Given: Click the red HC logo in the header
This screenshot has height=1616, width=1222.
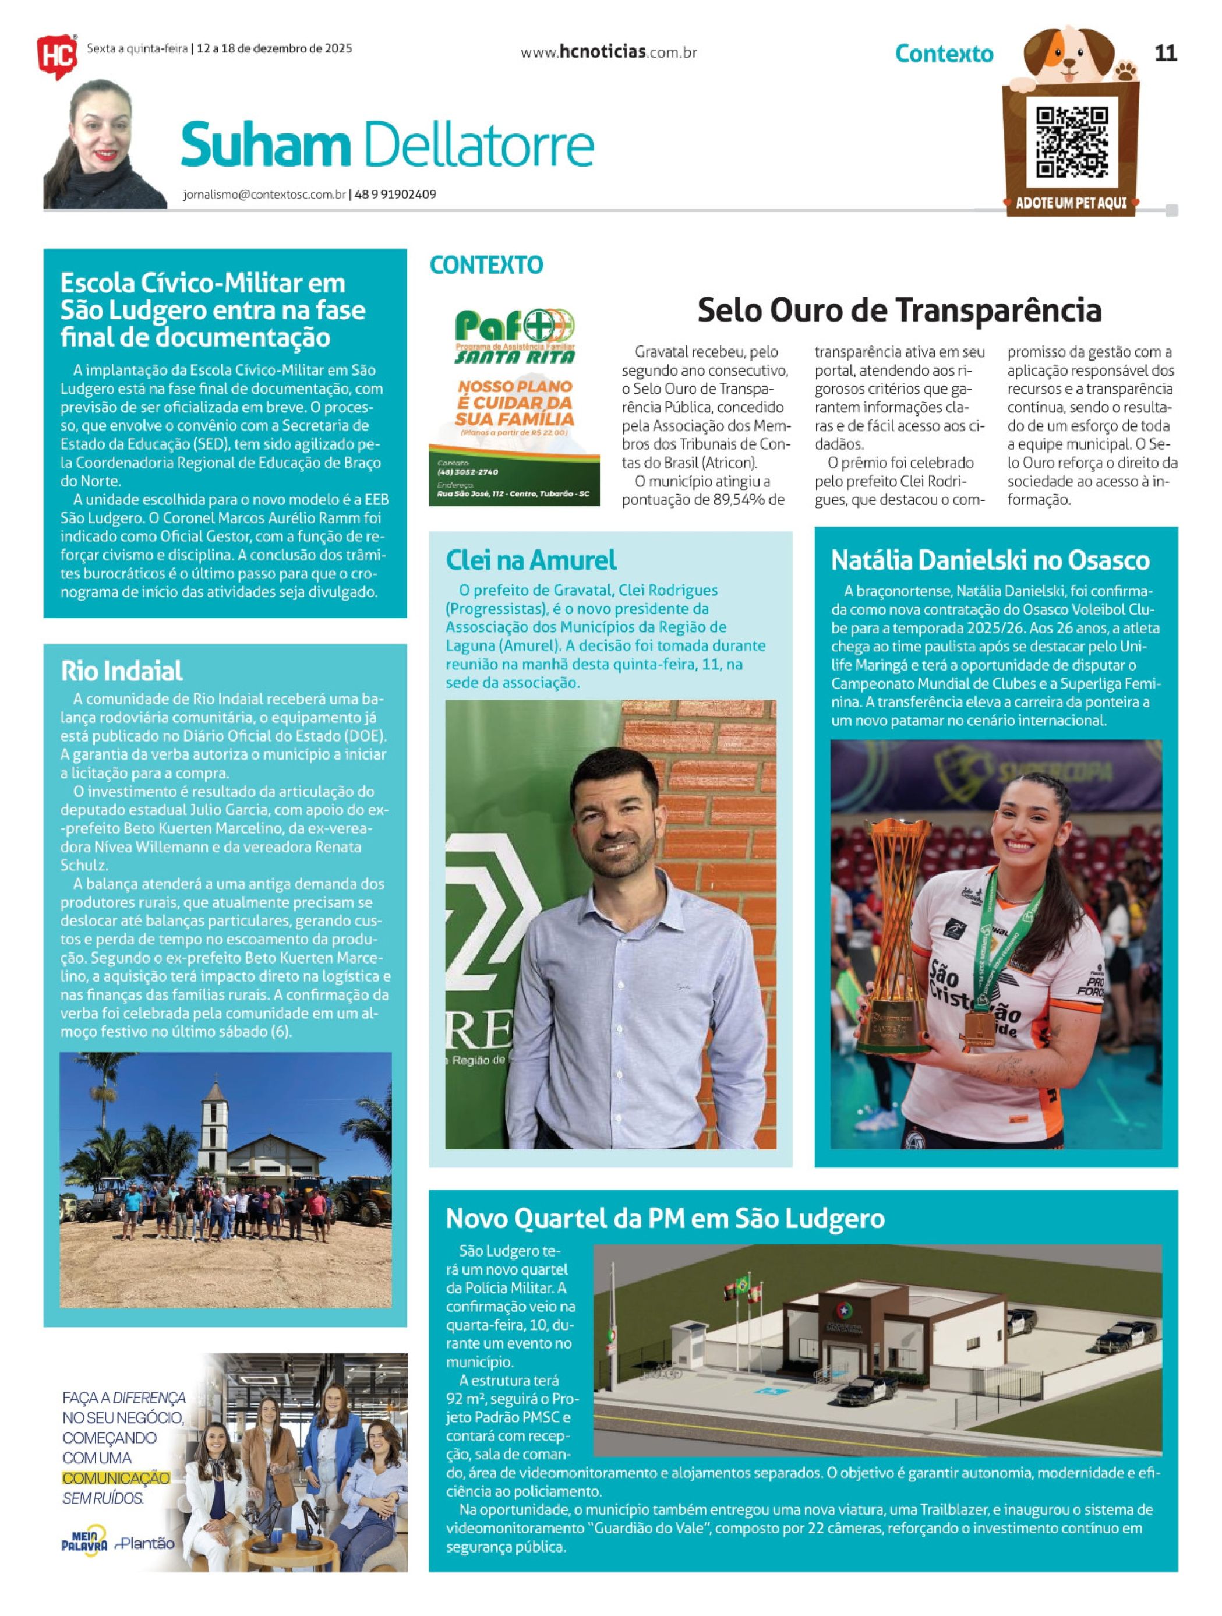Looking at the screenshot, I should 56,57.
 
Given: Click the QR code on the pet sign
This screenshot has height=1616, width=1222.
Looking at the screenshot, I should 1072,143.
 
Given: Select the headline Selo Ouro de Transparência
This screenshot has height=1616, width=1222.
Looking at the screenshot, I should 899,310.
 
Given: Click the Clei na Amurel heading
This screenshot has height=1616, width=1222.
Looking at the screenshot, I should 531,560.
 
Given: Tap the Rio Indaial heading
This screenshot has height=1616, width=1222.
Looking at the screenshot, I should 121,671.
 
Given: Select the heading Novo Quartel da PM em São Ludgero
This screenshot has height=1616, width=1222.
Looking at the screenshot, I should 665,1218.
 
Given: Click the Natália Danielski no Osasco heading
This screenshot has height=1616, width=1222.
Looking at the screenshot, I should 990,560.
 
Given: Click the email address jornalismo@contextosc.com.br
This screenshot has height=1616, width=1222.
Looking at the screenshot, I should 264,195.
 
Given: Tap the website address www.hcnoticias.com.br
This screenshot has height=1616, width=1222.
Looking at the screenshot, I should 609,52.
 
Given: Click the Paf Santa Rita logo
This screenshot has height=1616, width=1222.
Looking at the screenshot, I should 515,337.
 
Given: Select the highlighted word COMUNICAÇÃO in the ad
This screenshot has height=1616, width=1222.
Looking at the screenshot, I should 116,1478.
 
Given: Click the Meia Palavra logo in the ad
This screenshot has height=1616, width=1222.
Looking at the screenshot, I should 84,1543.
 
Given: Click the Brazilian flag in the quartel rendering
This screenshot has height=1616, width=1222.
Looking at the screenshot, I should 742,1285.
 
